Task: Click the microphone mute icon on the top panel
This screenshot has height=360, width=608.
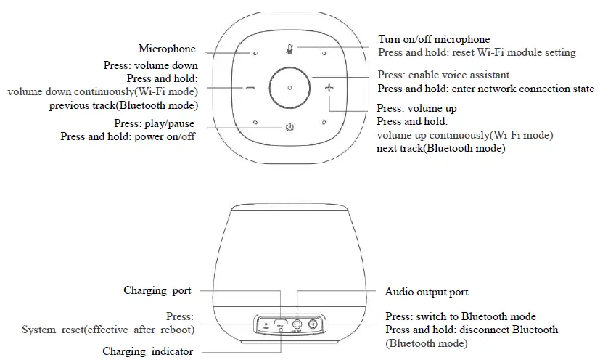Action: [x=289, y=49]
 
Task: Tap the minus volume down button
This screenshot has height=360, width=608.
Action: [x=250, y=88]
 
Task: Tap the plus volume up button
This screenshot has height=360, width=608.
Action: [x=329, y=88]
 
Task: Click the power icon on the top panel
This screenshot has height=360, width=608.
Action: [x=290, y=128]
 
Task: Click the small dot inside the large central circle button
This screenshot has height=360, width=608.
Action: [x=289, y=88]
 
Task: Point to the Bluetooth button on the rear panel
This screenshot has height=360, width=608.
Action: [x=314, y=324]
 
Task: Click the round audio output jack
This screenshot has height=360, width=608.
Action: [x=297, y=323]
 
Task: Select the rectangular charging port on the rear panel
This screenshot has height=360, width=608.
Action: [x=280, y=322]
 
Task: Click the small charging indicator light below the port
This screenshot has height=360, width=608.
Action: [x=281, y=330]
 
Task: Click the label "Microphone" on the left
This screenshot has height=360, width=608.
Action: [x=167, y=49]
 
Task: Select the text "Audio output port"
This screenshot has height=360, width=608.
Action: [x=426, y=292]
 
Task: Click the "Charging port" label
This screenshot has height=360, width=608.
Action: [x=157, y=290]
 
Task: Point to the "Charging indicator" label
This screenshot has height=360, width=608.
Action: [x=147, y=351]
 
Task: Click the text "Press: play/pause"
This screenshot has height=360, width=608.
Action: [x=154, y=123]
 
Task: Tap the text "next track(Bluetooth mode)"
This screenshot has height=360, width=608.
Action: [x=441, y=148]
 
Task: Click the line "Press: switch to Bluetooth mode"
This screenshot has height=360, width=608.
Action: [x=461, y=316]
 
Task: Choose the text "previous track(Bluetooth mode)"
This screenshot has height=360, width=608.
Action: [x=123, y=105]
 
